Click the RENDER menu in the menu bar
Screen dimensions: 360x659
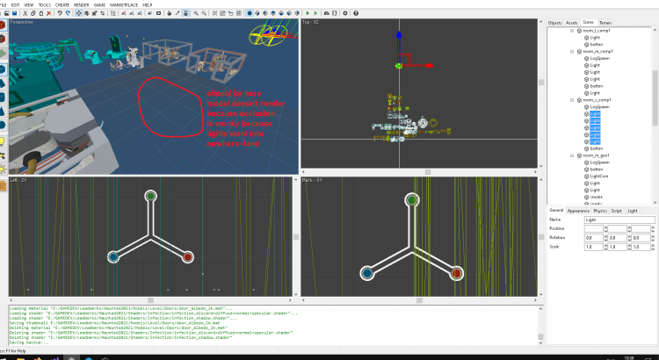[80, 4]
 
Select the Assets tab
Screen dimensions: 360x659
[572, 22]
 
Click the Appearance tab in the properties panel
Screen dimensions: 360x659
[578, 211]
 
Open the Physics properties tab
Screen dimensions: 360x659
[600, 211]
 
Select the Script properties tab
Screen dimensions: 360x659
[616, 211]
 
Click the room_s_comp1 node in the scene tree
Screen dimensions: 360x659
[597, 101]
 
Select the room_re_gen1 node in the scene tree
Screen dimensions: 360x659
[597, 155]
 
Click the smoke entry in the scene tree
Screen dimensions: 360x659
[597, 196]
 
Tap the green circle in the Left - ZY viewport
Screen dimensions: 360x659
[150, 196]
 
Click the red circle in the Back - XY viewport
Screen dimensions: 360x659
[456, 273]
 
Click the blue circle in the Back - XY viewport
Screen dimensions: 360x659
[365, 273]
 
